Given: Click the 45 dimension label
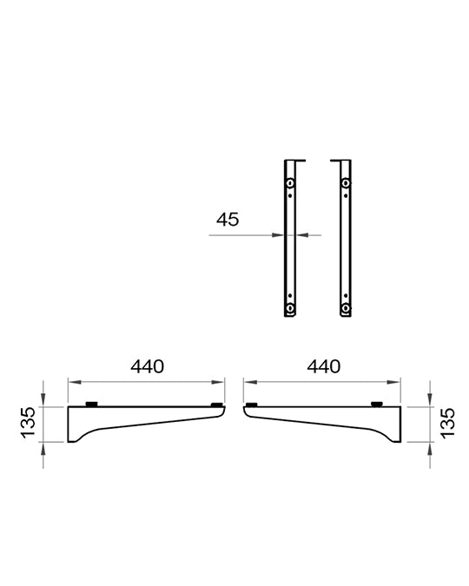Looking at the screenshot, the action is pos(228,220).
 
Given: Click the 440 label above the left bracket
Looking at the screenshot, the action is pos(147,366).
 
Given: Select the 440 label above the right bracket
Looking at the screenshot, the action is pos(323,366).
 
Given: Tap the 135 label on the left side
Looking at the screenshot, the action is pos(28,422).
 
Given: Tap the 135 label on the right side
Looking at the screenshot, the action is pos(447,423).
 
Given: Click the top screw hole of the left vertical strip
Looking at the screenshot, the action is pos(290,183).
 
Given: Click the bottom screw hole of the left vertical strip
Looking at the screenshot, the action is pos(290,308).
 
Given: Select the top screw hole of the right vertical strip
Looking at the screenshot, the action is pos(346,183).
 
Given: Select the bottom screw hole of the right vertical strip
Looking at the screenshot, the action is pos(346,308).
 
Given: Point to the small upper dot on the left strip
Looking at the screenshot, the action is pos(290,195).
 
